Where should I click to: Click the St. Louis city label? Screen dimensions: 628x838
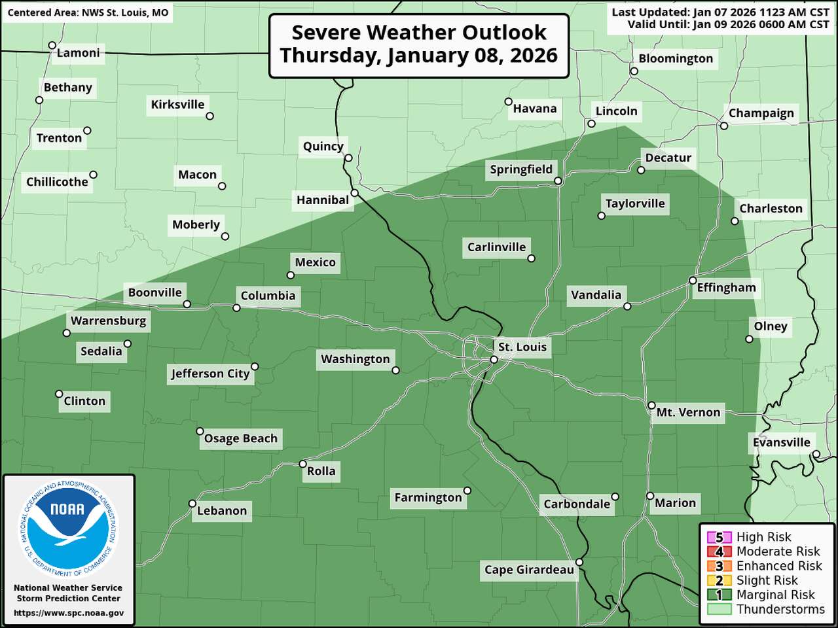point(522,347)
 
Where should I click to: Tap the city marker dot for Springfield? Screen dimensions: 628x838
point(558,181)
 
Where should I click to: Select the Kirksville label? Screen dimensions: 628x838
point(177,105)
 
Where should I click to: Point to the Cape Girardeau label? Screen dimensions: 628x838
point(529,570)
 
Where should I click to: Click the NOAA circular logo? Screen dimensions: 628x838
point(69,530)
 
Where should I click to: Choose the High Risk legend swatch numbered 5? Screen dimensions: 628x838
point(719,537)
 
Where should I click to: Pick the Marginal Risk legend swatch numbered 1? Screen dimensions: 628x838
point(719,595)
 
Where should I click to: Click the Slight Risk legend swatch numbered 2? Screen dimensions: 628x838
point(719,580)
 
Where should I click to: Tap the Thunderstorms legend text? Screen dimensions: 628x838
point(780,609)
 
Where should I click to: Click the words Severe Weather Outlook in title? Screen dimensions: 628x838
point(419,32)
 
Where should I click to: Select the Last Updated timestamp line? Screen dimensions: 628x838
point(720,12)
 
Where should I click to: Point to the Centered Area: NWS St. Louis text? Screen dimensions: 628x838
point(88,12)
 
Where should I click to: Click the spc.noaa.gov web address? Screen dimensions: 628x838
point(69,613)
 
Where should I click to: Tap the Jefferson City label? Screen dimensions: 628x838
point(210,374)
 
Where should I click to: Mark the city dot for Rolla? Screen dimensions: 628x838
point(302,464)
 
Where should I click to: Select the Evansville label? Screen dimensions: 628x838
point(781,442)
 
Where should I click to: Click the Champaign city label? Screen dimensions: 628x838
point(761,113)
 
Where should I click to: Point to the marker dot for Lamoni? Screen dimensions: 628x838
point(52,46)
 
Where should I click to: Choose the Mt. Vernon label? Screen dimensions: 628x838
point(688,412)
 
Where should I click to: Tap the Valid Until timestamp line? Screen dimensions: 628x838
point(728,24)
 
